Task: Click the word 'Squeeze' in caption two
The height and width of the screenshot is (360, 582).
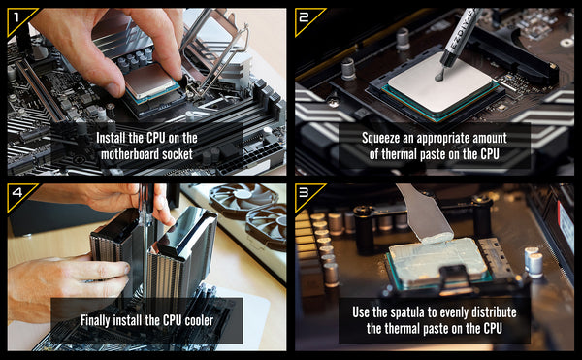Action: click(381, 138)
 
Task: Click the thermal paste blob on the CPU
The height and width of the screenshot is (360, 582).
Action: click(439, 76)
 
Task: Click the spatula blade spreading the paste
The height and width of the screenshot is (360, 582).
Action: click(425, 213)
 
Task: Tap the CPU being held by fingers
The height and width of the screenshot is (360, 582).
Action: click(150, 82)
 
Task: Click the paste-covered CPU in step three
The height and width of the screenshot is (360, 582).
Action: click(438, 262)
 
